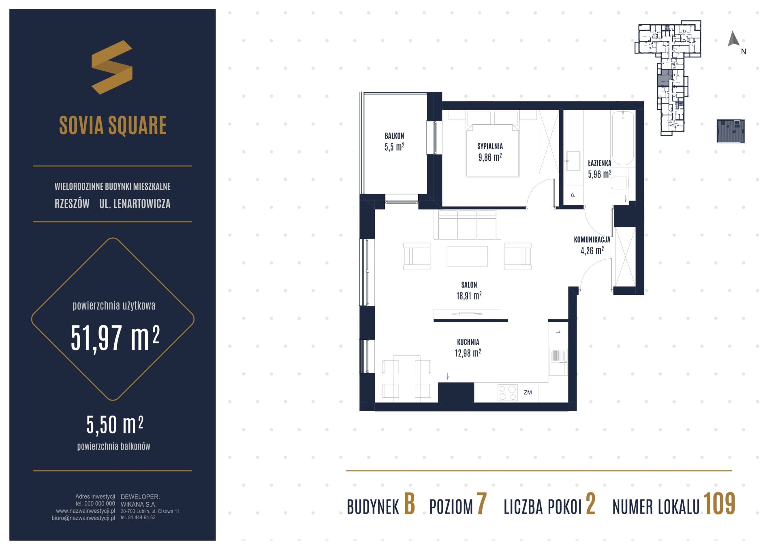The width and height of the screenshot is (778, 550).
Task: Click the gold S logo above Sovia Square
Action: tap(112, 67)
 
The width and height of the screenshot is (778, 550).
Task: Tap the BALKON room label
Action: tap(394, 136)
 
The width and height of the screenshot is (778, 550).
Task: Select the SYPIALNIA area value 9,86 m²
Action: tap(490, 157)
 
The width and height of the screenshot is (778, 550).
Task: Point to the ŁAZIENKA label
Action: tap(599, 164)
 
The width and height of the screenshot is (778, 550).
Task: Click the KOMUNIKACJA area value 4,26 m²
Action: tap(592, 250)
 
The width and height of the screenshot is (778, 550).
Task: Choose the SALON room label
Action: tap(469, 285)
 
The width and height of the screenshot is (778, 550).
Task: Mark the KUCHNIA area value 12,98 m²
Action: tap(468, 353)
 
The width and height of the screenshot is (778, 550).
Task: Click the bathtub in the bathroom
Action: tap(622, 138)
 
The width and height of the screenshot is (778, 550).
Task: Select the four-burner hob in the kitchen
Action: tap(507, 392)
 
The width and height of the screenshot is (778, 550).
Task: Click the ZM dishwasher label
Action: tap(528, 392)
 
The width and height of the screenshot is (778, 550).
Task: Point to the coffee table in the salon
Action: tap(467, 256)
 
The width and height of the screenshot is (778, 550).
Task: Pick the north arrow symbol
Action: tap(733, 39)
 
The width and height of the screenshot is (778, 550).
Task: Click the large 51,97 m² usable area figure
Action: tap(115, 338)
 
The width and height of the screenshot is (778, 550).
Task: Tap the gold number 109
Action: tap(719, 504)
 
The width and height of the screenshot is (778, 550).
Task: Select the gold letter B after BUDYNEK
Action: tap(410, 504)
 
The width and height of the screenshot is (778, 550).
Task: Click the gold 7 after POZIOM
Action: tap(481, 504)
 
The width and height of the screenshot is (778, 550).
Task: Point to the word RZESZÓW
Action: tap(72, 203)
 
